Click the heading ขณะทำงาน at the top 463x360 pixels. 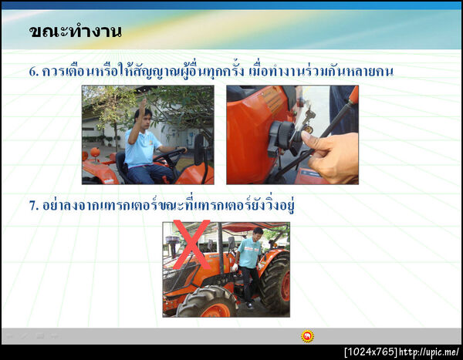click(75, 32)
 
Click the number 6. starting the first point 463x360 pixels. click(34, 72)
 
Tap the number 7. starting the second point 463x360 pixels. click(34, 207)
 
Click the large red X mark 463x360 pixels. click(191, 244)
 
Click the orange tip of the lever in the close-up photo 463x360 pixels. click(353, 95)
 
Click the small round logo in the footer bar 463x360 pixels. click(307, 336)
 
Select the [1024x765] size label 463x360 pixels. click(371, 352)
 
